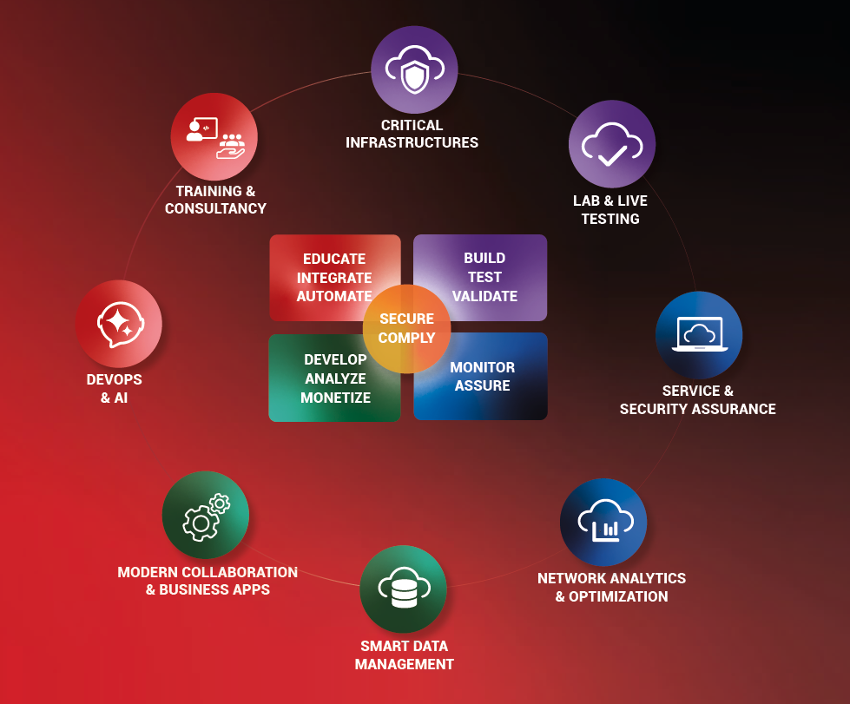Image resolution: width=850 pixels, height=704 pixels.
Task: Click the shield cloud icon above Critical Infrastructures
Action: tap(414, 69)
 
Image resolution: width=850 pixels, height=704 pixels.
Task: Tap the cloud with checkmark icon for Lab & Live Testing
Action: tap(611, 144)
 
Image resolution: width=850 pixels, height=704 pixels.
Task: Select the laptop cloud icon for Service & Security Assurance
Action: tap(699, 335)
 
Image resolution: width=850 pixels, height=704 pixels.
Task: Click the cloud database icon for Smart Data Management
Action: tap(403, 589)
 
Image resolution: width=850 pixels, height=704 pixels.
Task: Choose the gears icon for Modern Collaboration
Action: tap(206, 515)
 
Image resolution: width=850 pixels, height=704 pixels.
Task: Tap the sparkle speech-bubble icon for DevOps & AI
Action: tap(118, 323)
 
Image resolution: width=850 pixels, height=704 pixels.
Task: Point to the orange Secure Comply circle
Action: tap(406, 328)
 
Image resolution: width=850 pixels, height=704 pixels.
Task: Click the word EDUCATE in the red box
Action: tap(334, 259)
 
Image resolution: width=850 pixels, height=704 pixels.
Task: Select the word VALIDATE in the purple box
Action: tap(484, 296)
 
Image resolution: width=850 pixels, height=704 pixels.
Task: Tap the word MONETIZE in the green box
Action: tap(335, 398)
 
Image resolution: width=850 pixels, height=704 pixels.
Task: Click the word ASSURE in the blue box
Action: tap(482, 385)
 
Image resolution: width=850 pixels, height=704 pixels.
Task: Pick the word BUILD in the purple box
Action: tap(484, 258)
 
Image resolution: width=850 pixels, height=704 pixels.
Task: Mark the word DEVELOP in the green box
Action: tap(335, 359)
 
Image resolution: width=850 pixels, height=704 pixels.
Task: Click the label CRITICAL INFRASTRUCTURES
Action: tap(412, 134)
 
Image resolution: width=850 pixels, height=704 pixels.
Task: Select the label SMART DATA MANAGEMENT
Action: tap(404, 655)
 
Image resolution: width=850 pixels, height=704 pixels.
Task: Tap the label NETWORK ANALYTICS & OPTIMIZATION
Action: tap(611, 587)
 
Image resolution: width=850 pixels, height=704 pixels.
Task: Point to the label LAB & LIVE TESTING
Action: tap(610, 209)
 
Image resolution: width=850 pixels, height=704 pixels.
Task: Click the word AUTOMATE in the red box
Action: tap(334, 296)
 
